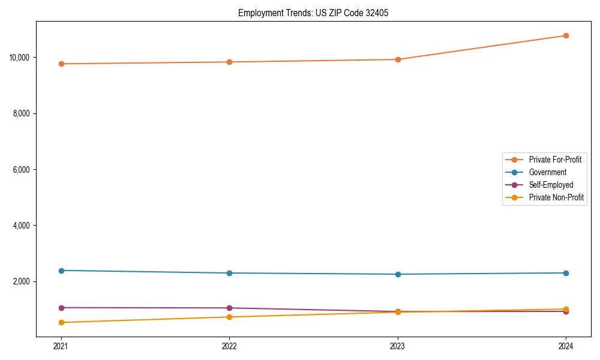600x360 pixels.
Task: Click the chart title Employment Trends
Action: [313, 13]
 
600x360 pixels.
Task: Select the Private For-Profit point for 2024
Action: [566, 35]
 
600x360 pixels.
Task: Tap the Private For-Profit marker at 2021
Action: [61, 64]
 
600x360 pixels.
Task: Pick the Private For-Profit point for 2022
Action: [229, 62]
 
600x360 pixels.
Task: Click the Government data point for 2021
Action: [61, 271]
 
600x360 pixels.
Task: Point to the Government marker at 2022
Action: [229, 273]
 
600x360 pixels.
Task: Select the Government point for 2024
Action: [566, 273]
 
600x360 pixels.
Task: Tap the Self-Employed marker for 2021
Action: [61, 308]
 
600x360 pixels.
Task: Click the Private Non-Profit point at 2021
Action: [61, 322]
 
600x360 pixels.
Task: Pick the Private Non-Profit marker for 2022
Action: [229, 317]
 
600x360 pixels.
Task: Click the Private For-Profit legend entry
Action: [555, 160]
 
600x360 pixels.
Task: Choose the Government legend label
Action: [548, 172]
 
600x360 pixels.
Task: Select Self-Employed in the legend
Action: [551, 185]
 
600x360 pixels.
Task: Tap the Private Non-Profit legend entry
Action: [556, 197]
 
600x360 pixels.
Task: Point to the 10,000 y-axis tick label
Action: [22, 58]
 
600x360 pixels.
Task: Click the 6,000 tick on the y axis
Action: [23, 170]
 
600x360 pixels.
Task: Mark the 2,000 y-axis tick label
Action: [23, 282]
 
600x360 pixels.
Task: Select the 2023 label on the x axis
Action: [398, 346]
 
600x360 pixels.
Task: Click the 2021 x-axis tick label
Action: [61, 346]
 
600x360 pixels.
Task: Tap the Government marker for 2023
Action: [398, 274]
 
